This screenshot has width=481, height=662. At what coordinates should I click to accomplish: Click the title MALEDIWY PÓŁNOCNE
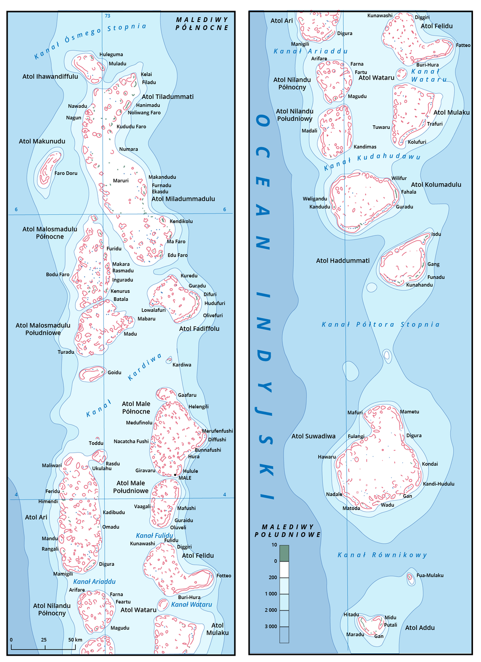pos(202,24)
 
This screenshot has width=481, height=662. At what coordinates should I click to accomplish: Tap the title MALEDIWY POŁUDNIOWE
pos(288,531)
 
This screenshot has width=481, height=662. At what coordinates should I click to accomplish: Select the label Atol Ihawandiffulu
pos(50,77)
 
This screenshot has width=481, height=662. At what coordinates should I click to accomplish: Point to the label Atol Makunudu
pos(42,141)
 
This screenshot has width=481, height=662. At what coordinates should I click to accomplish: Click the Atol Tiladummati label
pos(167,97)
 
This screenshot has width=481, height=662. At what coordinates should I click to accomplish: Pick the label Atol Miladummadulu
pos(183,199)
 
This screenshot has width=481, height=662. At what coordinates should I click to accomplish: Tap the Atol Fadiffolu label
pos(199,329)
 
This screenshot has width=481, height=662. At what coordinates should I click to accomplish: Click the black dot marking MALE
pos(175,475)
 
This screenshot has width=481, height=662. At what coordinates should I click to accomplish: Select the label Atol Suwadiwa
pos(313,436)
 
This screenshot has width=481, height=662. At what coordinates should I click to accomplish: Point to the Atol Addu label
pos(420,627)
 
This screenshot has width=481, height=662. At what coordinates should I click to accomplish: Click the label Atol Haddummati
pos(343,261)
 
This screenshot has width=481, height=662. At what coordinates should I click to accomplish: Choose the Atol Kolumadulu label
pos(436,184)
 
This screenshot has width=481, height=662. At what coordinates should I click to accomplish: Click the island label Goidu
pos(114,372)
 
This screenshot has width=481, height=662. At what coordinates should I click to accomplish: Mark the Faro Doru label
pos(66,173)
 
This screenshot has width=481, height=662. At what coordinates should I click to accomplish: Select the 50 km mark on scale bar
pos(75,640)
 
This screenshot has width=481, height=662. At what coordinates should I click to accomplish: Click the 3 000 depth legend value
pos(271,626)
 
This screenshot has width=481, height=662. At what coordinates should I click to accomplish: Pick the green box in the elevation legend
pos(284,553)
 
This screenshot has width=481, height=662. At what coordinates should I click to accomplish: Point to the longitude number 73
pos(107,16)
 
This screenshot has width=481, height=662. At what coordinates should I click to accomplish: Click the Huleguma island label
pos(111,55)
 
